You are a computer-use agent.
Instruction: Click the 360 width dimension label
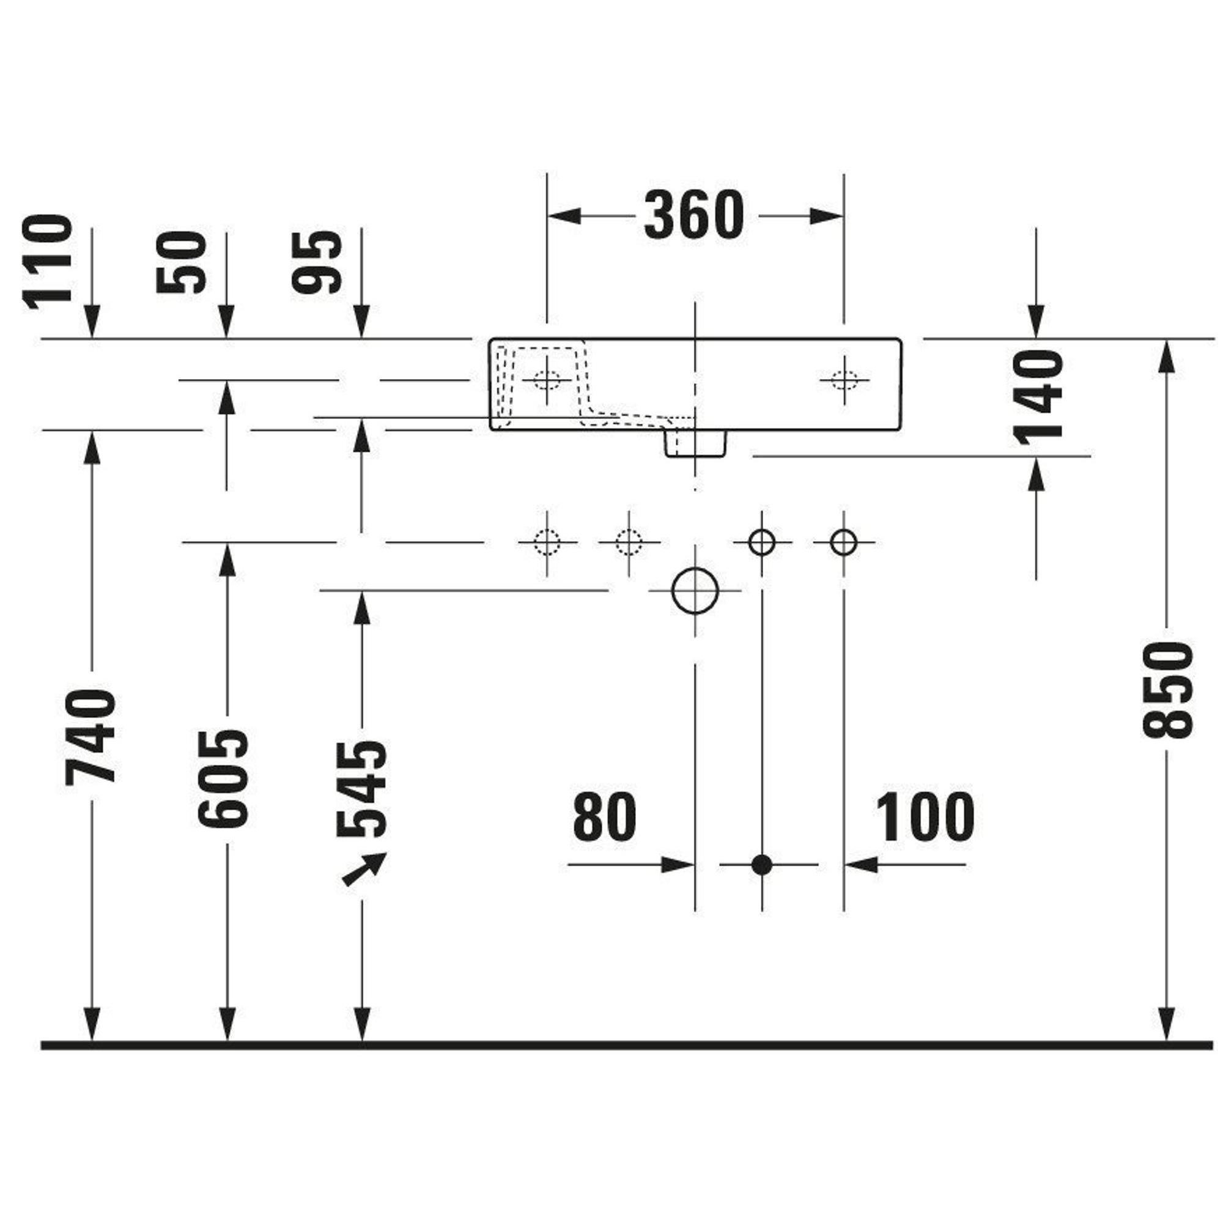coord(694,216)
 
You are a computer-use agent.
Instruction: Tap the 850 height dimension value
coord(1167,690)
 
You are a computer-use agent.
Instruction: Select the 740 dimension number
coord(91,736)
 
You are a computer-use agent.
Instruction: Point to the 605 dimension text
coord(223,778)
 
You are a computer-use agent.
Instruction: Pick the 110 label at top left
coord(48,263)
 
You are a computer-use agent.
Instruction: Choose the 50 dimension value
coord(182,262)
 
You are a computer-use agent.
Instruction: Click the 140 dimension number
coord(1038,397)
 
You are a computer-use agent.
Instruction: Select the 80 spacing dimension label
coord(605,816)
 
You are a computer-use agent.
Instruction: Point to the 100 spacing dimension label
coord(925,816)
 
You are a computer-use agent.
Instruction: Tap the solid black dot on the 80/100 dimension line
coord(761,864)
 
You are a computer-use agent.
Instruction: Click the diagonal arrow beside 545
coord(364,869)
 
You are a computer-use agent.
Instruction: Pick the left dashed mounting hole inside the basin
coord(547,380)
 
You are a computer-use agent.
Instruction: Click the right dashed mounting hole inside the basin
coord(844,380)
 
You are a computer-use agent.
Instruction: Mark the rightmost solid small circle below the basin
coord(844,542)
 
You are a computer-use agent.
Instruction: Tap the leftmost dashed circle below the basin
coord(547,542)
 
